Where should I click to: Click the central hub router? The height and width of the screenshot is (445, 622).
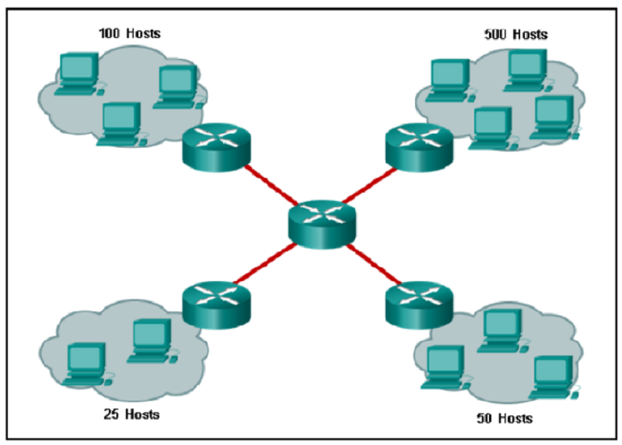pos(322,224)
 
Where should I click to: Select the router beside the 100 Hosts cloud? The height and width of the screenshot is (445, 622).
pos(216,148)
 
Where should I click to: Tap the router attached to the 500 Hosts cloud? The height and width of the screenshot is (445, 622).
pos(419,148)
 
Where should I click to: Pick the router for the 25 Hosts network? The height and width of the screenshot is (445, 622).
pos(216,305)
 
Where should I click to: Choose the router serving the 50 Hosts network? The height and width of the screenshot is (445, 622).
pos(419,305)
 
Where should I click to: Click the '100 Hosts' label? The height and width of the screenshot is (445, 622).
pos(130,33)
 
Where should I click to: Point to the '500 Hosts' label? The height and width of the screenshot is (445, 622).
pos(515,34)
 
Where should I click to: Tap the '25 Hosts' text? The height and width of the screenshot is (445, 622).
pos(131,414)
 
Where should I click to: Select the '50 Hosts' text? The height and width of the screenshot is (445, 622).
pos(505,418)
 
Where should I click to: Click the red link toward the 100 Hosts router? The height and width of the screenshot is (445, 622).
pos(271,185)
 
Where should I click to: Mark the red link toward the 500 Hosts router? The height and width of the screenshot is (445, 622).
pos(369,186)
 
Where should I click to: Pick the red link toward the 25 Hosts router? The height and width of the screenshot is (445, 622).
pos(265,264)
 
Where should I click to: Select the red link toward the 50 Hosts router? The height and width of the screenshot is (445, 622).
pos(374,265)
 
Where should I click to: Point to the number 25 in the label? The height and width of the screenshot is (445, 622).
pos(111,414)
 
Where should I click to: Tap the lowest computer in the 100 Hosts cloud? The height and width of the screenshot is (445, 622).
pos(121,124)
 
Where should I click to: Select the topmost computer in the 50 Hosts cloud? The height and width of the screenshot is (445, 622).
pos(502,331)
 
